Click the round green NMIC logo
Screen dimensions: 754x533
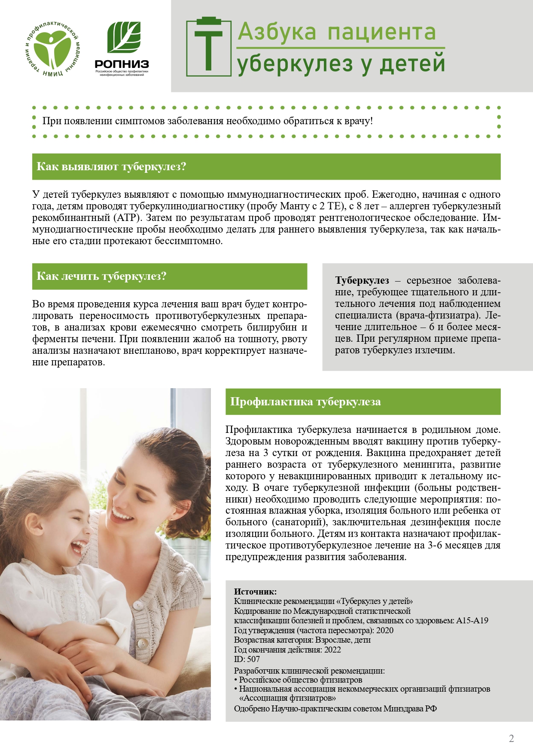click(x=53, y=50)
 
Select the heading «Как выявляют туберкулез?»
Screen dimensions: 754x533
click(x=111, y=166)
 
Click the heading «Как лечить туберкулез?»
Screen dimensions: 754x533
click(x=101, y=276)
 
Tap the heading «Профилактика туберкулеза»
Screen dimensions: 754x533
click(x=305, y=402)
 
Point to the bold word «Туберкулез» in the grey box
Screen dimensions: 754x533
click(x=362, y=281)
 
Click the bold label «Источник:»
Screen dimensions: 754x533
click(x=255, y=592)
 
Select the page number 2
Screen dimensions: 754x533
click(x=511, y=739)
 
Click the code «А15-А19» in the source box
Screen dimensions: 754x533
click(x=472, y=621)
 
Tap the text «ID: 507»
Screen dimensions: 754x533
click(x=247, y=659)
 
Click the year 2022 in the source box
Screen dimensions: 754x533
click(x=332, y=650)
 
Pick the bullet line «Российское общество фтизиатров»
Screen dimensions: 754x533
click(x=300, y=680)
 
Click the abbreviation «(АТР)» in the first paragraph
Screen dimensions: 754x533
click(x=128, y=218)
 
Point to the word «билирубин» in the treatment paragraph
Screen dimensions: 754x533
click(x=274, y=328)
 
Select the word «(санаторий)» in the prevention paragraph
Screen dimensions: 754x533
click(x=299, y=522)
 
